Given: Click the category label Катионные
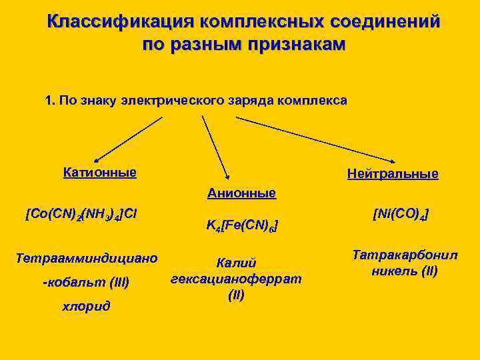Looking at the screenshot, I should pyautogui.click(x=100, y=173).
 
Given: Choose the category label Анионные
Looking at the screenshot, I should pyautogui.click(x=241, y=193).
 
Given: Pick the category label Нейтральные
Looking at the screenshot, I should pyautogui.click(x=393, y=174).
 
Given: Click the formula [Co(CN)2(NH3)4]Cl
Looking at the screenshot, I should pyautogui.click(x=81, y=214).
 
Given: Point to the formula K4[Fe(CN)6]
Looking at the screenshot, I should pyautogui.click(x=241, y=227).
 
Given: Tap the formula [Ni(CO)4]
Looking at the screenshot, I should pyautogui.click(x=401, y=214).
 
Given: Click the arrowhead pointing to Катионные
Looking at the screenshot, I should pyautogui.click(x=95, y=157).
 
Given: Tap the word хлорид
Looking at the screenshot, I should pyautogui.click(x=86, y=306).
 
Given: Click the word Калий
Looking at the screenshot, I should pyautogui.click(x=237, y=263).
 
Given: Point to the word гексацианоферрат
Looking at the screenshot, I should pyautogui.click(x=237, y=278).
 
